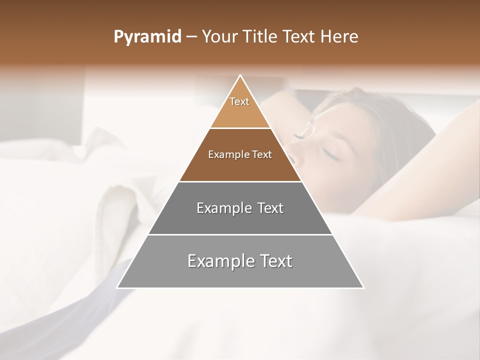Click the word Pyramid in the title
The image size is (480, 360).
click(x=147, y=37)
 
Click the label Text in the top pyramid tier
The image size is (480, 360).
click(x=239, y=101)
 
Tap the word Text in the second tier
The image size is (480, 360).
click(x=262, y=154)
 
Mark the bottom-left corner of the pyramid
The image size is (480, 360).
click(x=117, y=288)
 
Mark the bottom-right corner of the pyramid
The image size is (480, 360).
click(x=363, y=288)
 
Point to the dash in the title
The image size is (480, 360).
click(x=191, y=37)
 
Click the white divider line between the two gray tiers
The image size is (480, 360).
click(x=240, y=234)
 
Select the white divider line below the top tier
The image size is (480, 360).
click(x=240, y=128)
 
